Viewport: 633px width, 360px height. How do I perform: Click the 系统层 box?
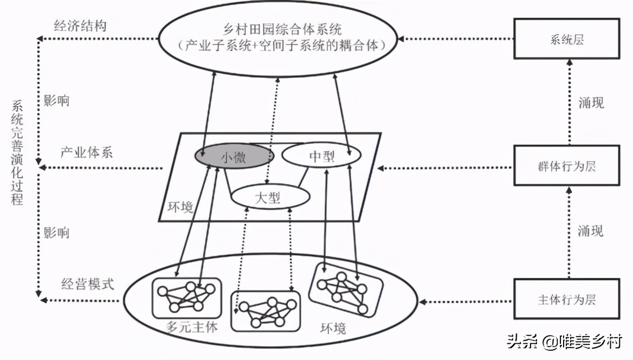[x=566, y=39]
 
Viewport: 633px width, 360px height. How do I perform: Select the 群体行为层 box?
[x=566, y=166]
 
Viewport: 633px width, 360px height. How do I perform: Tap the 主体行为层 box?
[x=566, y=299]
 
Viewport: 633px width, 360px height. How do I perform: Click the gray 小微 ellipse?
[x=234, y=157]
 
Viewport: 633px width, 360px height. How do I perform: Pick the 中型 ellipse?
[x=321, y=157]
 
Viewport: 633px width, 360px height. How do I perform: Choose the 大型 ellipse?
[x=267, y=196]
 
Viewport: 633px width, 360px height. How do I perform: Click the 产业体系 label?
[x=86, y=152]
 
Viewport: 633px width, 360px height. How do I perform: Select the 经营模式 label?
[x=87, y=284]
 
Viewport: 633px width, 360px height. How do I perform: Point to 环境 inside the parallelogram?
[x=179, y=207]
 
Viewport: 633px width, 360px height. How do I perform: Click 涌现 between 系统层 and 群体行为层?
[x=591, y=102]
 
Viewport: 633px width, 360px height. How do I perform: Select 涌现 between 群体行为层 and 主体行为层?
[x=591, y=232]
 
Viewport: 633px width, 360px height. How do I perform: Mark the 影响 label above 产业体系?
[x=56, y=101]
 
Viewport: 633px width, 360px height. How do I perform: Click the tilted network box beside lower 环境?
[x=345, y=290]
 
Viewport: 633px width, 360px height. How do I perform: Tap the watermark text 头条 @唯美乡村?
[x=564, y=342]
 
